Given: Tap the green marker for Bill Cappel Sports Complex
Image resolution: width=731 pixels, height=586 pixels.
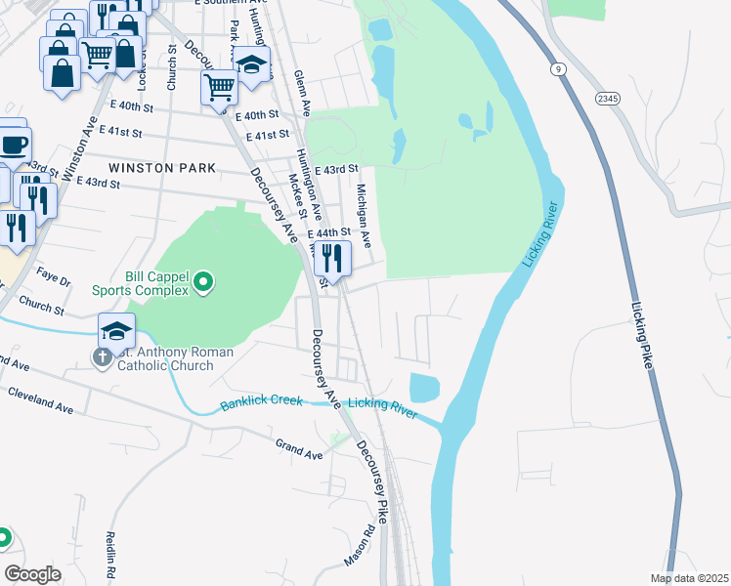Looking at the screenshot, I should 203,283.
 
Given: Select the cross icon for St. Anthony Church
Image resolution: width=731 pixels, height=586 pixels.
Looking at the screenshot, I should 102,357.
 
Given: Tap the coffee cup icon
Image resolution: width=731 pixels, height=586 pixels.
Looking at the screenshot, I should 14,145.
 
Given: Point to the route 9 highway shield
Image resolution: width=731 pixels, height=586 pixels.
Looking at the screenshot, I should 557,68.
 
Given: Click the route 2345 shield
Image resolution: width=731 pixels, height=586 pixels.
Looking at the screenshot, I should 607,99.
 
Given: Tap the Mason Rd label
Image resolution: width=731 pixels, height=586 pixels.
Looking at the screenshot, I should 359,547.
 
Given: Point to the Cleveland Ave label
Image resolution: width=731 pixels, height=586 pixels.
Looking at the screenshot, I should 40,400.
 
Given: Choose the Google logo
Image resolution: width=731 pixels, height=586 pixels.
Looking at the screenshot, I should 32,573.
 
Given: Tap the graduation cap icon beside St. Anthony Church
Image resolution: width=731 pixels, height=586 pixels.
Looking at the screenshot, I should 116,331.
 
